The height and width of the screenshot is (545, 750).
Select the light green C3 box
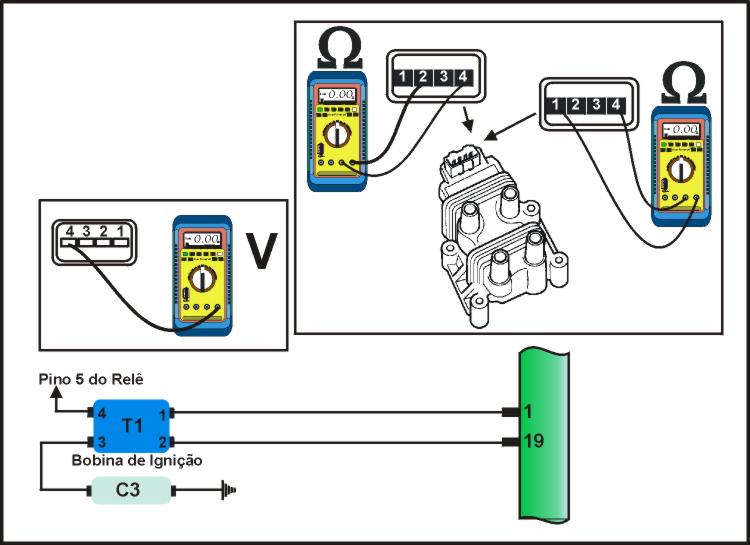pos(132,491)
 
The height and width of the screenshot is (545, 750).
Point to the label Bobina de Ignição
pos(137,461)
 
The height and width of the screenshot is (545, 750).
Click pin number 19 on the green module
pos(533,440)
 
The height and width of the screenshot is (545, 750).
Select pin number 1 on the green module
pos(529,412)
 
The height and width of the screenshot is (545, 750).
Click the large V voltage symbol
pos(260,251)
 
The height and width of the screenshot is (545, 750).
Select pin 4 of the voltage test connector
pos(69,233)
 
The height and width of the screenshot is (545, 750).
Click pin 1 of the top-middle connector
pos(401,76)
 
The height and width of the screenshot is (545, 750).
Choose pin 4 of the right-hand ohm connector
pos(618,104)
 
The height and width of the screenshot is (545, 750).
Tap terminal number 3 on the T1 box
pos(102,441)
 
